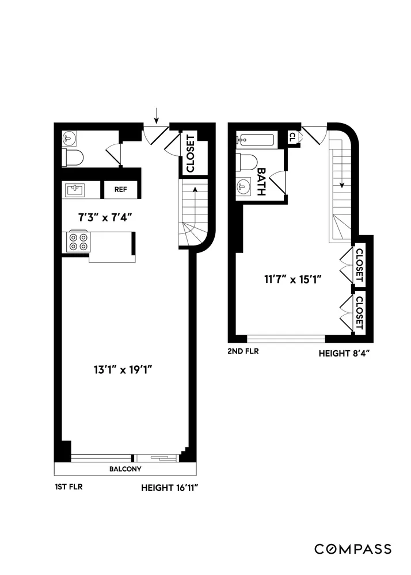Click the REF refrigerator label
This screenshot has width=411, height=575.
pyautogui.click(x=120, y=189)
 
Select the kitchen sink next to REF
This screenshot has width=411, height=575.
pyautogui.click(x=75, y=189)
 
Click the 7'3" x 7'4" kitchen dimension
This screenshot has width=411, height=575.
pyautogui.click(x=105, y=217)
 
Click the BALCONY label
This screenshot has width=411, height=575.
pyautogui.click(x=125, y=469)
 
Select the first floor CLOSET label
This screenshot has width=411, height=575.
pyautogui.click(x=190, y=153)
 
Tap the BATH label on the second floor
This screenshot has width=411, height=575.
pyautogui.click(x=261, y=182)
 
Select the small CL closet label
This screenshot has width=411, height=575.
pyautogui.click(x=292, y=137)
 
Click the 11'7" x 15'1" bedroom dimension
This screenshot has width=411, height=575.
pyautogui.click(x=292, y=280)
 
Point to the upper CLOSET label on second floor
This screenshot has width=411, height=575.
pyautogui.click(x=360, y=265)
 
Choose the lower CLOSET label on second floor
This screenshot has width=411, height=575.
pyautogui.click(x=360, y=312)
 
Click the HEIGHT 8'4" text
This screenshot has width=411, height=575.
pyautogui.click(x=344, y=354)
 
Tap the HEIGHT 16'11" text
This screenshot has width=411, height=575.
pyautogui.click(x=174, y=488)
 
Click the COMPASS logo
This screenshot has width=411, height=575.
pyautogui.click(x=353, y=549)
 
